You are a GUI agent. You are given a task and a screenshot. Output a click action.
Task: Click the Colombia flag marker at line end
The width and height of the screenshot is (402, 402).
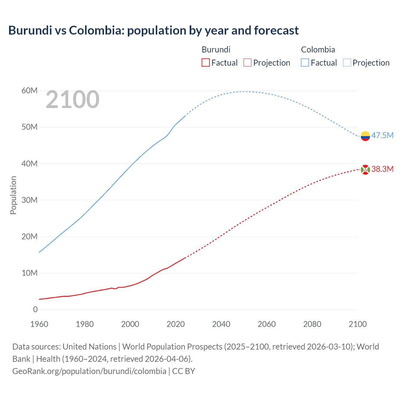tap(365, 136)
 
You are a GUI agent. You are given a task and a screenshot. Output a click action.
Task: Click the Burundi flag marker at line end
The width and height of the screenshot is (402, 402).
tap(365, 170)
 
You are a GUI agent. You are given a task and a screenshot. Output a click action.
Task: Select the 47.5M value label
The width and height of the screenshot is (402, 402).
tap(382, 135)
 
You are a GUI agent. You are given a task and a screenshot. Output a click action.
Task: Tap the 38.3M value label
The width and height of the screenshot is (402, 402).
tap(382, 169)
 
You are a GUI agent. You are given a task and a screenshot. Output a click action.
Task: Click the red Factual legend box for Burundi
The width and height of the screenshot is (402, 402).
tap(205, 63)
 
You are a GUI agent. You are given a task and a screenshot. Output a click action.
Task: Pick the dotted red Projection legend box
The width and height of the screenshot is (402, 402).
tap(247, 63)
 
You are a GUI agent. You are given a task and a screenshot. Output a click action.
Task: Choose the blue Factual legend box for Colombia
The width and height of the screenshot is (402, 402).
tap(305, 63)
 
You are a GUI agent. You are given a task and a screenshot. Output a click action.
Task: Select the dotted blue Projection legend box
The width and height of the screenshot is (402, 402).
tap(347, 63)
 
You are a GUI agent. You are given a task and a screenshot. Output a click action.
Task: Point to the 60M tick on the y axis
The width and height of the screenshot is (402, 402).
tap(30, 91)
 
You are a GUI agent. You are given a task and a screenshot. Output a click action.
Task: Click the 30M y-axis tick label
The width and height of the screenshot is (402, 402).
tap(30, 200)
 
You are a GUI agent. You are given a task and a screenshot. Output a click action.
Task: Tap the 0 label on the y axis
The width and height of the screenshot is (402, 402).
tap(35, 309)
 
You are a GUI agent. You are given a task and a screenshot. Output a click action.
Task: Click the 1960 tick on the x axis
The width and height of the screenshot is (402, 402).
tap(39, 324)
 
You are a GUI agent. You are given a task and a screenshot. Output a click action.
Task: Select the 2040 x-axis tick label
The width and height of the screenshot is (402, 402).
tap(221, 324)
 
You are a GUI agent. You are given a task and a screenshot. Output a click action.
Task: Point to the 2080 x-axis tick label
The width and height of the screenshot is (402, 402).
tap(312, 324)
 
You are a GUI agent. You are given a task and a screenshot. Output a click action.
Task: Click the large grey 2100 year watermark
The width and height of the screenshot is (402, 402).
tap(73, 100)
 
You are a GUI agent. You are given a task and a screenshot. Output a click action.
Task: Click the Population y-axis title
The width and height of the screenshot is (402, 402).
tap(13, 195)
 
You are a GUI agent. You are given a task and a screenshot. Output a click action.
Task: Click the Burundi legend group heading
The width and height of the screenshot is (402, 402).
tap(216, 50)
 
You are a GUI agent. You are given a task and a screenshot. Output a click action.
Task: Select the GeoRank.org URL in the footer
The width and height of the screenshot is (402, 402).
tap(89, 371)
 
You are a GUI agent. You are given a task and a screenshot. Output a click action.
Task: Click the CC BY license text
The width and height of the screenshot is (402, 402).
tap(184, 371)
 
